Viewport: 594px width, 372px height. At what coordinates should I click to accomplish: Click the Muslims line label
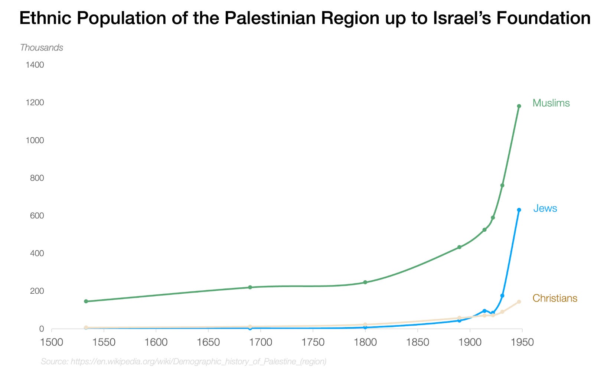click(x=551, y=103)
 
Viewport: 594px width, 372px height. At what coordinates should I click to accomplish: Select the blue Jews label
click(x=545, y=208)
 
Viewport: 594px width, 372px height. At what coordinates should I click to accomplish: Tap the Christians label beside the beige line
click(x=555, y=298)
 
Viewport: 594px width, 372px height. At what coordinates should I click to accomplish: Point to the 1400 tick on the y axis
click(x=35, y=65)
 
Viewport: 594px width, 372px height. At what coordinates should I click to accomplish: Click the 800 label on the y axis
click(x=37, y=178)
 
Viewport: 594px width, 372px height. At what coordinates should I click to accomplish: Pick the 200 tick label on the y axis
click(x=37, y=291)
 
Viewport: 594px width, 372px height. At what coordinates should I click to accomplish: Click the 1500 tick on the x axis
click(x=52, y=342)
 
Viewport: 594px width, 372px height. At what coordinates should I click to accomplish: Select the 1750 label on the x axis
click(x=313, y=342)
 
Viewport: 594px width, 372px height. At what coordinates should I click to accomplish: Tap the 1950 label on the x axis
click(x=522, y=342)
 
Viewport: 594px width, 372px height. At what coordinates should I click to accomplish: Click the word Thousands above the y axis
click(x=42, y=48)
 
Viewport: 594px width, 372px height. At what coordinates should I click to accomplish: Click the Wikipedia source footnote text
click(x=183, y=361)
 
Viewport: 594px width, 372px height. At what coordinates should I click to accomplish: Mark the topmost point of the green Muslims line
click(x=519, y=106)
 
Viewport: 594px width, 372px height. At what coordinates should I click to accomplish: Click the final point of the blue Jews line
click(x=519, y=210)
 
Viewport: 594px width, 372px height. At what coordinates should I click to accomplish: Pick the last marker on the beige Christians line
click(x=519, y=302)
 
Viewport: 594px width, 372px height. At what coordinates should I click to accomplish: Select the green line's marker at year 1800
click(x=365, y=282)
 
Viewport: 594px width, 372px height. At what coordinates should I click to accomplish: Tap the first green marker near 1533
click(x=86, y=301)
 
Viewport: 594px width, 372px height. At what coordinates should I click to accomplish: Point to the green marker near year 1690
click(x=250, y=287)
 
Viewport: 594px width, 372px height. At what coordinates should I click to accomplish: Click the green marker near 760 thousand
click(x=502, y=185)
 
